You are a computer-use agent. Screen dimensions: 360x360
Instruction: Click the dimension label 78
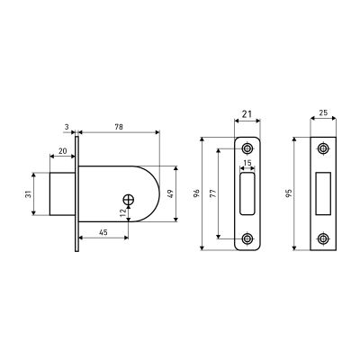[x=119, y=127]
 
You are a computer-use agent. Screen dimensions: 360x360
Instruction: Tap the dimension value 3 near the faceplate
[x=67, y=127]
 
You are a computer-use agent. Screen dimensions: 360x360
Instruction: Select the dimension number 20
[x=63, y=151]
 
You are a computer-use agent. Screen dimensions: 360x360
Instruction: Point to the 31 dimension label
[x=28, y=195]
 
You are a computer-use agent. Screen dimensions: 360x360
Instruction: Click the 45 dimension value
[x=103, y=232]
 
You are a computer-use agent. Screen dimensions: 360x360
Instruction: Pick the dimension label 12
[x=122, y=212]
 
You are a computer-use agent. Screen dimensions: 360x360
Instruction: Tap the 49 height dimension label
[x=170, y=194]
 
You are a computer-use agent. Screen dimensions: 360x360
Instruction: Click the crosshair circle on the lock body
[x=129, y=200]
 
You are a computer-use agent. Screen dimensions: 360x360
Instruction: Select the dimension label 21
[x=247, y=114]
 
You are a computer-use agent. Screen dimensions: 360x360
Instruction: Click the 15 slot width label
[x=247, y=163]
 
